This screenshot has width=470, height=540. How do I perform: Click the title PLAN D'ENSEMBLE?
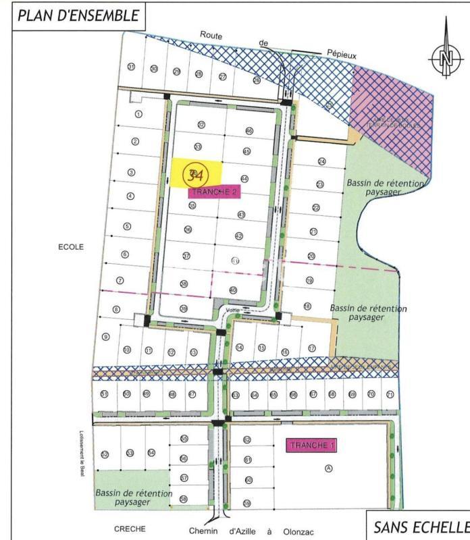point(78,16)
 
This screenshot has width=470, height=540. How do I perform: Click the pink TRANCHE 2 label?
point(212,192)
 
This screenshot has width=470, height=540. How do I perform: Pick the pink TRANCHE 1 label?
point(311,446)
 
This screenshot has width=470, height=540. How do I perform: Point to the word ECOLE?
point(70,247)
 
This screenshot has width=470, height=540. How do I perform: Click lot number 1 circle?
point(138,115)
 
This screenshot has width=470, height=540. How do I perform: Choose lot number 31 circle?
point(131,67)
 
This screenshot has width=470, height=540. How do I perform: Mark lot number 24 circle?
point(321,162)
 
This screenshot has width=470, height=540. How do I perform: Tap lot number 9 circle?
point(105,337)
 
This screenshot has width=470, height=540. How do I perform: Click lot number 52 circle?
point(105,454)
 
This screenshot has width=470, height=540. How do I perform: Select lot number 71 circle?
point(390,394)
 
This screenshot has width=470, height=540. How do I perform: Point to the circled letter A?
point(329,468)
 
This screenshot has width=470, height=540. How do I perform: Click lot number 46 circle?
point(249,131)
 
